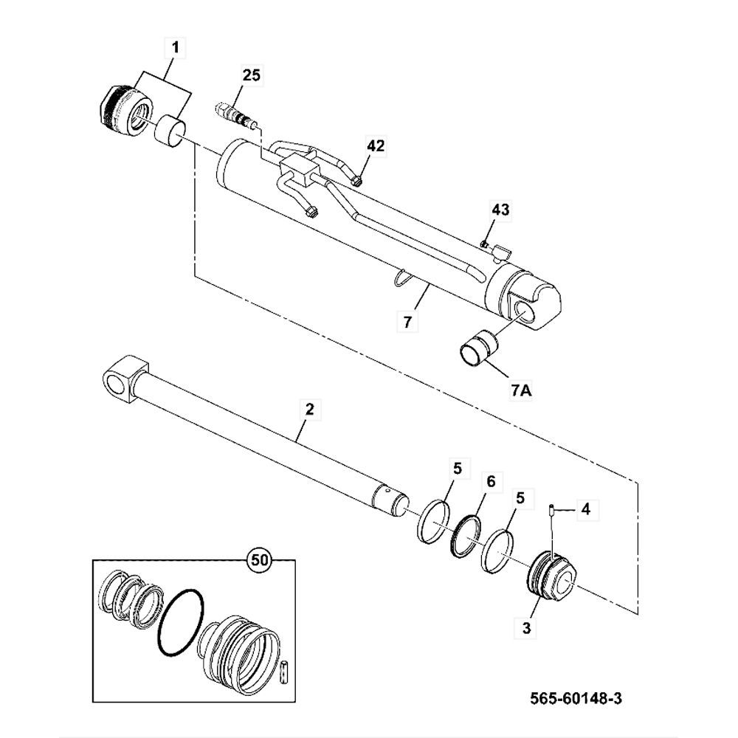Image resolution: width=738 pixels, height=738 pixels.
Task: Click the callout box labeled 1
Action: (x=175, y=49)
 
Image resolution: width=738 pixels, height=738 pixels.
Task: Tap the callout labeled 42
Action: (x=375, y=146)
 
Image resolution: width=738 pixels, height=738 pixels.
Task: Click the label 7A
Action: (x=520, y=390)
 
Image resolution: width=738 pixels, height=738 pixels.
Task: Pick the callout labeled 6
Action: (x=490, y=481)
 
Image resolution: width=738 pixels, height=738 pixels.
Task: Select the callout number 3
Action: (x=526, y=628)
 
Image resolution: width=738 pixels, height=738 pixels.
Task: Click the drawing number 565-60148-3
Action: (x=571, y=697)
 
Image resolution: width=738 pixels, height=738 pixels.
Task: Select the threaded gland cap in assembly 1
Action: (x=123, y=109)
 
